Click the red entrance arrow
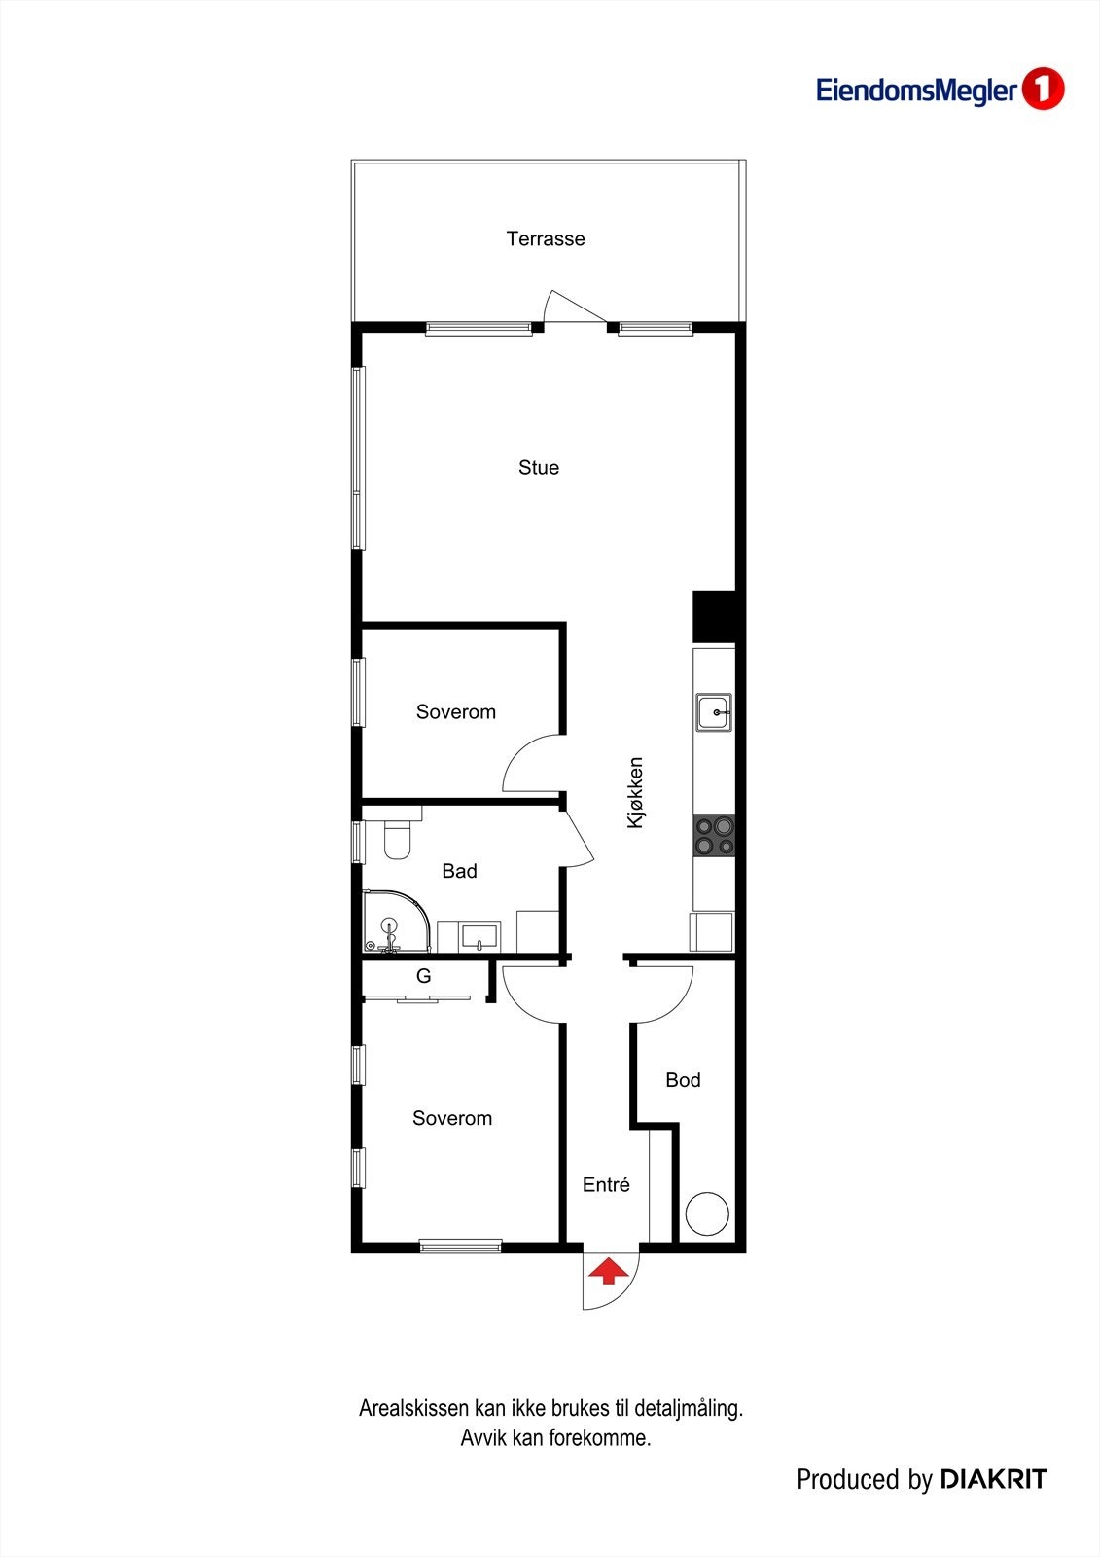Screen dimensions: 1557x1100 tap(607, 1271)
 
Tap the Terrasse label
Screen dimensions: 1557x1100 tap(546, 238)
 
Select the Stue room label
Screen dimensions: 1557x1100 tap(539, 468)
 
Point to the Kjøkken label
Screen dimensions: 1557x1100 tap(635, 793)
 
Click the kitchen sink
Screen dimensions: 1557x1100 tap(714, 712)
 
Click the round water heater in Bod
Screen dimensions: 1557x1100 tap(707, 1213)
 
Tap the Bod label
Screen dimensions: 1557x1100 tap(683, 1080)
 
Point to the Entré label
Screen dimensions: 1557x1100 tap(606, 1185)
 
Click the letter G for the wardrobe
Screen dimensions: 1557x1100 tap(423, 976)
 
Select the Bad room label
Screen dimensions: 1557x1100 tap(459, 871)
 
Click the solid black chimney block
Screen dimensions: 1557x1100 tap(714, 616)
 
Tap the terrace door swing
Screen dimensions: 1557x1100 tap(572, 307)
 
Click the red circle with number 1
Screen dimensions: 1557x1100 tap(1044, 90)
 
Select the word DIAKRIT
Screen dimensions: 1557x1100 tap(993, 1480)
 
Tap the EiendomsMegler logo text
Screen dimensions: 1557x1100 tap(916, 91)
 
